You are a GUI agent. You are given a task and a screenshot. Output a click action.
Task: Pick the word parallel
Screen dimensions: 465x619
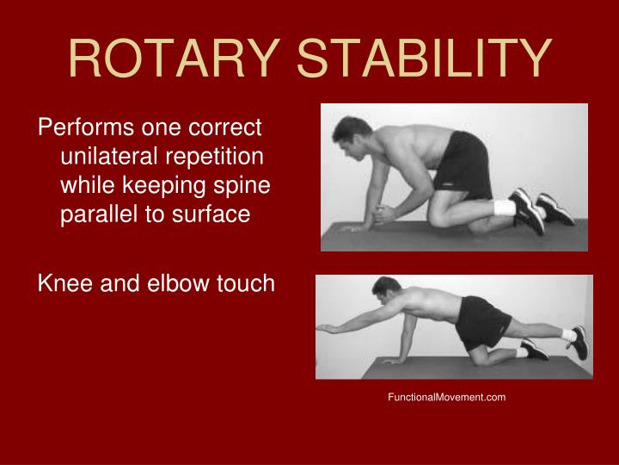point(95,214)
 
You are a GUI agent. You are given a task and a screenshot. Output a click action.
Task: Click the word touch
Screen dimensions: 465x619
point(243,282)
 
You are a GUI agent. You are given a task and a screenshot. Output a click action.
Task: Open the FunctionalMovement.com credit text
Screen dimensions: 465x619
point(447,397)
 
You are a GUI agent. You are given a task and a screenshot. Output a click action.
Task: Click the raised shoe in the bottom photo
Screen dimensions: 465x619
point(579,340)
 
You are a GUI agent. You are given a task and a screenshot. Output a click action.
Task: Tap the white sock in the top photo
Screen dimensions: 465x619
point(503,207)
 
